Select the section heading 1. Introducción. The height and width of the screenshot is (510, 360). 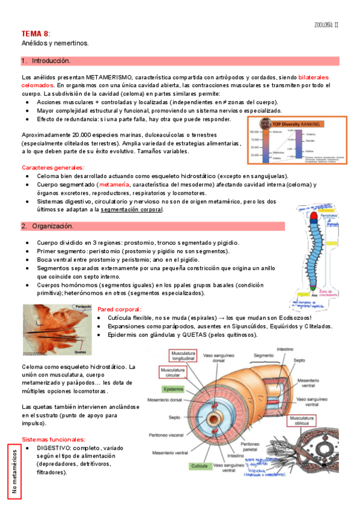click(46, 61)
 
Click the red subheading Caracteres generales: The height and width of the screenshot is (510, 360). click(53, 167)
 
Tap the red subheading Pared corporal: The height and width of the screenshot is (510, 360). click(119, 309)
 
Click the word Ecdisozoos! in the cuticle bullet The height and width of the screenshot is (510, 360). click(291, 318)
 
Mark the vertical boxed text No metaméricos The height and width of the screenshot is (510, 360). click(15, 473)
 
